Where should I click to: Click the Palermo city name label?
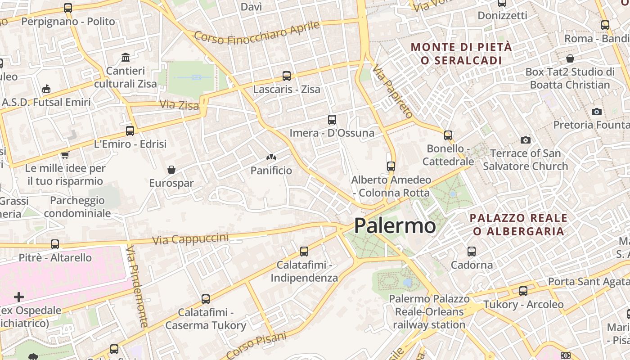(395, 225)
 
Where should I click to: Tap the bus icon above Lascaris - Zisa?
(287, 76)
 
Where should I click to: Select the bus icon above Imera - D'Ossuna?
(332, 120)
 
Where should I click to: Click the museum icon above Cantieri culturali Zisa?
(126, 58)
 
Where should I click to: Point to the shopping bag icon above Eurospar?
(171, 170)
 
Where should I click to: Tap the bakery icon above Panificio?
(271, 157)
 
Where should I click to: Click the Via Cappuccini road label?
(190, 238)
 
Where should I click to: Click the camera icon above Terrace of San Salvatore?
(525, 140)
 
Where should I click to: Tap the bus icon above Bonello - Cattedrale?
(448, 135)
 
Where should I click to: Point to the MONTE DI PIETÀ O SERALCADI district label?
(461, 54)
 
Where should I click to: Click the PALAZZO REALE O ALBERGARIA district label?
(518, 225)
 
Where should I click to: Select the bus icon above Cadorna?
(472, 252)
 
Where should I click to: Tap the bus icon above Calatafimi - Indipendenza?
(304, 252)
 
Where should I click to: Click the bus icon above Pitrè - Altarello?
(55, 244)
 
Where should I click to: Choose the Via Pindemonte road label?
(137, 286)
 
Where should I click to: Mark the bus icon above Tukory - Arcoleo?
(523, 291)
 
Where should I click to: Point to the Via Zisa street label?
(179, 105)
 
